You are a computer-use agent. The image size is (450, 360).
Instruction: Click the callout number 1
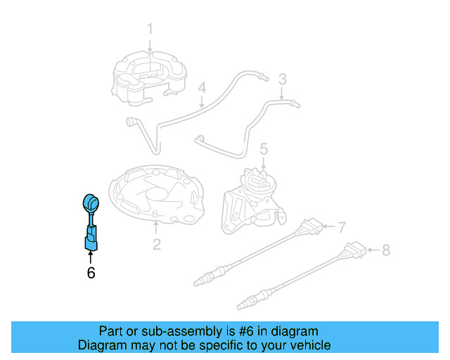(x=150, y=29)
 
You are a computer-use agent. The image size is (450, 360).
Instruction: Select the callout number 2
(x=156, y=245)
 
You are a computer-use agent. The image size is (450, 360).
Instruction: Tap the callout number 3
(x=282, y=79)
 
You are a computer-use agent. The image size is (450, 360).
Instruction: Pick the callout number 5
(x=264, y=149)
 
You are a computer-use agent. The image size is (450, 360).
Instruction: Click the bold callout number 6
(x=90, y=273)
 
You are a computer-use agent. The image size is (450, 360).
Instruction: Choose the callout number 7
(x=341, y=228)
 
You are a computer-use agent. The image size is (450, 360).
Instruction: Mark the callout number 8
(x=385, y=250)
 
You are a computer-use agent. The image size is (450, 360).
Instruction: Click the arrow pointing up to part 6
(x=90, y=257)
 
